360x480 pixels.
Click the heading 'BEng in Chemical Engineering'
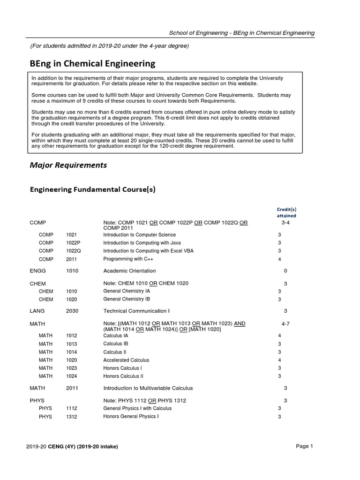click(92, 63)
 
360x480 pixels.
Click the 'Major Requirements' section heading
click(68, 165)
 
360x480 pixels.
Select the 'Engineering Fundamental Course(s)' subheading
click(92, 189)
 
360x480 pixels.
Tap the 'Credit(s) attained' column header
click(286, 212)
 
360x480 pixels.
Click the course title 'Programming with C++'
click(127, 259)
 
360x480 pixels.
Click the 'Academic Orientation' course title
click(129, 271)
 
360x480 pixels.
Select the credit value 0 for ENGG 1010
click(285, 271)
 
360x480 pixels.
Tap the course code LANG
click(37, 311)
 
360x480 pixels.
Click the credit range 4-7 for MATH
click(285, 324)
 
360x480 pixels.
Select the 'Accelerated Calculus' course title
click(126, 360)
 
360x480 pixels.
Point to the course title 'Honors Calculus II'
click(123, 376)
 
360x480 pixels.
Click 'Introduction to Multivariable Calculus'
click(148, 388)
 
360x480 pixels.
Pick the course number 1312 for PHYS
click(72, 416)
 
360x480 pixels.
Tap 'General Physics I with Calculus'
click(137, 408)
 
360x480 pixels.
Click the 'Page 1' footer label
click(304, 446)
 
